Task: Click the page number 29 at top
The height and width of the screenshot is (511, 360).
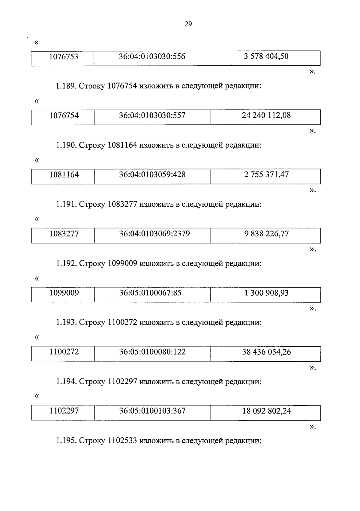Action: tap(188, 24)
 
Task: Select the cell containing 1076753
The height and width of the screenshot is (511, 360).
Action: tap(64, 57)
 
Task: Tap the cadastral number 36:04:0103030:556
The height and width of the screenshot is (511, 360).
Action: tap(152, 56)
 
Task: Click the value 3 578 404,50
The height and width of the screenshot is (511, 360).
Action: tap(266, 56)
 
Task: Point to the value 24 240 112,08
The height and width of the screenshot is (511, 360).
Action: tap(266, 115)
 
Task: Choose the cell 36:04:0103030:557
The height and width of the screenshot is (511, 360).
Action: tap(152, 115)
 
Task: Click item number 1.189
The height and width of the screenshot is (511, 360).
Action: tap(66, 86)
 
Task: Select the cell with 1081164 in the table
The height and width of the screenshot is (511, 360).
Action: tap(64, 175)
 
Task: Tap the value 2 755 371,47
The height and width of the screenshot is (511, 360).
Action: tap(266, 175)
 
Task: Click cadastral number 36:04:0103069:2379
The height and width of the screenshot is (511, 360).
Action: tap(154, 234)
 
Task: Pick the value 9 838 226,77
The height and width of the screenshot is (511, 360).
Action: tap(266, 234)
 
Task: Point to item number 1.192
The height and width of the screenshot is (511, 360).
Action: tap(66, 264)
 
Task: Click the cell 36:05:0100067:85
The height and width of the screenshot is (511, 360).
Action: tap(150, 293)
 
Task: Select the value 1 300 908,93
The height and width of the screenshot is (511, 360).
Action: tap(266, 293)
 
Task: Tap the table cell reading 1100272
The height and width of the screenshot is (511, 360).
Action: tap(64, 352)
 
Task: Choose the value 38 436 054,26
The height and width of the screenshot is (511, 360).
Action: tap(266, 352)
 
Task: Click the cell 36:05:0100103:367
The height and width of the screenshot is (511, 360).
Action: tap(152, 411)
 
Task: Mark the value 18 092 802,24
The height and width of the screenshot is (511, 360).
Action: tap(266, 411)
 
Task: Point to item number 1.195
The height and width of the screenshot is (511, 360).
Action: tap(66, 441)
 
